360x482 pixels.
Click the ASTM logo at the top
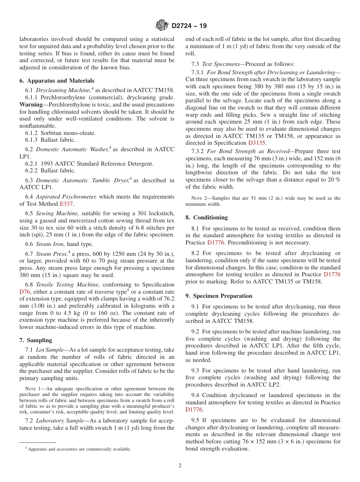click(162, 26)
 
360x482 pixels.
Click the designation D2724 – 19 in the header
click(189, 26)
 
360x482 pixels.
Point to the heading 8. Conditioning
click(207, 218)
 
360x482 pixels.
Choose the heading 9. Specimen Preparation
click(219, 296)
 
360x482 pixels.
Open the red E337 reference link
click(66, 204)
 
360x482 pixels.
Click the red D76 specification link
click(25, 291)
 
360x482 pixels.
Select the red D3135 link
click(257, 143)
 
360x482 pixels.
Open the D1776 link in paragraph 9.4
click(194, 410)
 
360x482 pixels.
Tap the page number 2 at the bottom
click(180, 466)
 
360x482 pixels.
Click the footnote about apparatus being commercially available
click(78, 449)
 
